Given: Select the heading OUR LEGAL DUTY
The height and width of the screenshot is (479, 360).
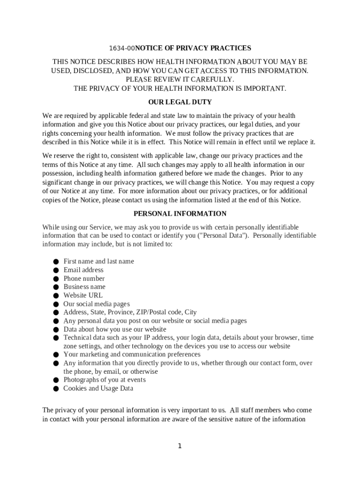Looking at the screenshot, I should click(x=180, y=102).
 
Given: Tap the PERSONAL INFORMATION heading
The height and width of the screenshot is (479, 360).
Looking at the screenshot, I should click(x=180, y=214).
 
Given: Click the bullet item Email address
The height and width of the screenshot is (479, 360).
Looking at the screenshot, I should click(x=84, y=270).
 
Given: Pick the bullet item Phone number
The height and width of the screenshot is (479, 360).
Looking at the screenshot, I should click(x=84, y=278).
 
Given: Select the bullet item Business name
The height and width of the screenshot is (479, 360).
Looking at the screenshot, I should click(x=85, y=287).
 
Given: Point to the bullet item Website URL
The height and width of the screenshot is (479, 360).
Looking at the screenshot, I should click(x=83, y=295).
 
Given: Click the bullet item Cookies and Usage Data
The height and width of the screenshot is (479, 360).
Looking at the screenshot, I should click(x=98, y=388).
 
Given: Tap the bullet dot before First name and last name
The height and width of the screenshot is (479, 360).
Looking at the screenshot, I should click(x=55, y=261).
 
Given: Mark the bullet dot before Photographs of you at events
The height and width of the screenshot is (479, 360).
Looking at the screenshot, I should click(x=55, y=380).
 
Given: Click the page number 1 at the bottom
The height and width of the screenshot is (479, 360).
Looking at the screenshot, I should click(x=180, y=446).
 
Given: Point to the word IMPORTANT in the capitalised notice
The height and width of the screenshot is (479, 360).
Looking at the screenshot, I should click(x=265, y=88).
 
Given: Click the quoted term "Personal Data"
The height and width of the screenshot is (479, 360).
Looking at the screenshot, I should click(x=223, y=236).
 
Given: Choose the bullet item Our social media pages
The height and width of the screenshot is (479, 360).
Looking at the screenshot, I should click(x=97, y=304).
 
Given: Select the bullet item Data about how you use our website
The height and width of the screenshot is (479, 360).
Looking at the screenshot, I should click(x=109, y=329).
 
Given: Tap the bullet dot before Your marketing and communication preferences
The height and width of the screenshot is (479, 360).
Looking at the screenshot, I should click(x=55, y=355).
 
